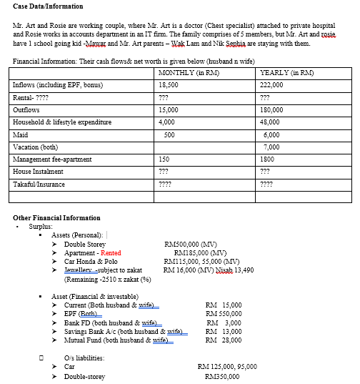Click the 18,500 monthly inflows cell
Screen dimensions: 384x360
[169, 85]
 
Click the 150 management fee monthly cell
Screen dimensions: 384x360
[165, 159]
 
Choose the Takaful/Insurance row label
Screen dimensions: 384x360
[39, 184]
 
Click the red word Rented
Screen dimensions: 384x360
[111, 252]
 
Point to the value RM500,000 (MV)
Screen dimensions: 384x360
[191, 244]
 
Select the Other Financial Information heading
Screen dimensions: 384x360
[56, 217]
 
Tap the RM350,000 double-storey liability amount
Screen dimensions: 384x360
[218, 375]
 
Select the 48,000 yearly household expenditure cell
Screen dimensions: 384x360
[271, 122]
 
